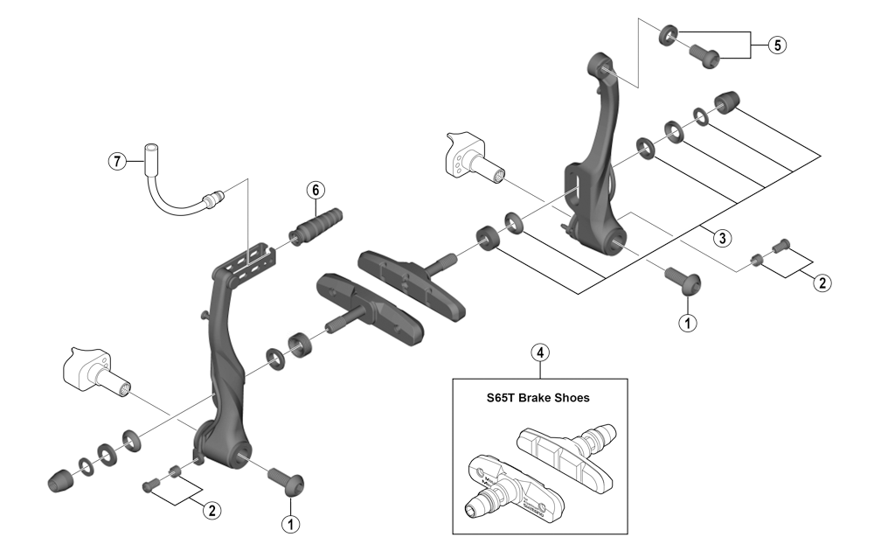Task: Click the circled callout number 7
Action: coord(114,161)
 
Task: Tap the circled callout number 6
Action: coord(316,190)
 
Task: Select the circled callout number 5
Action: coord(777,45)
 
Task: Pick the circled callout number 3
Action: coord(719,237)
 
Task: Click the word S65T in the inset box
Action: coord(503,397)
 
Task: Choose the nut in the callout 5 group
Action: coord(668,34)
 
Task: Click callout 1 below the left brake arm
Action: coord(289,524)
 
